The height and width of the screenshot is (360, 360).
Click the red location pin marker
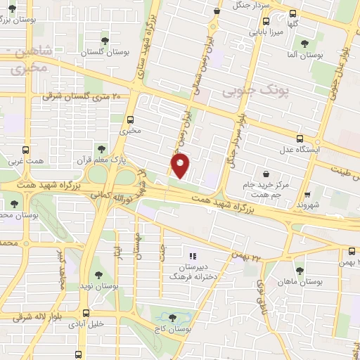[181, 166]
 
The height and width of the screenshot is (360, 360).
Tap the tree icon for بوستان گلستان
[105, 40]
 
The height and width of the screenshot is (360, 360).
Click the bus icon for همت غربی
[26, 150]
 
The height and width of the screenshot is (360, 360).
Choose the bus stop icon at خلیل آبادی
[86, 313]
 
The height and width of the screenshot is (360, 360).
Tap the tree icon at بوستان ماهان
[300, 269]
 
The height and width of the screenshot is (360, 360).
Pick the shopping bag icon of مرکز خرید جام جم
[266, 174]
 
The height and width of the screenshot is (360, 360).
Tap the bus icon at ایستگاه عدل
[300, 139]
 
